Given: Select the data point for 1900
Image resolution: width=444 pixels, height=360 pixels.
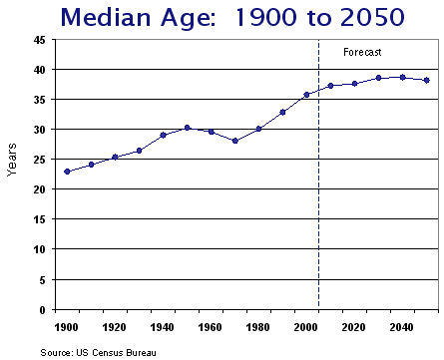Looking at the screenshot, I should [67, 172].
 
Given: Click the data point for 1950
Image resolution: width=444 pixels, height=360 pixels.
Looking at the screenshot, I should [187, 128].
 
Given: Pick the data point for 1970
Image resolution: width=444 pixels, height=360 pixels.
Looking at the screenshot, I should [234, 141].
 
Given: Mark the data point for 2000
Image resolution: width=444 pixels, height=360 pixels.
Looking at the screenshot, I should [306, 95].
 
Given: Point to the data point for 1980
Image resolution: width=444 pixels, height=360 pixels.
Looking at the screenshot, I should [258, 129].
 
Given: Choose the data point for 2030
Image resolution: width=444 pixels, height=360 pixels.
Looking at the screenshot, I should [378, 78].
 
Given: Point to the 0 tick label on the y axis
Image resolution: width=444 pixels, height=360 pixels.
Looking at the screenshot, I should [42, 309].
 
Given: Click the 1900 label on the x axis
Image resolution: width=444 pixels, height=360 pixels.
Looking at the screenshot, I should [66, 326].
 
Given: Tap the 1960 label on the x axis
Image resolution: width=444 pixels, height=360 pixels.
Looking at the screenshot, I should [210, 326].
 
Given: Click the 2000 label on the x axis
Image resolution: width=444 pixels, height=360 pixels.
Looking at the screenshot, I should [305, 326].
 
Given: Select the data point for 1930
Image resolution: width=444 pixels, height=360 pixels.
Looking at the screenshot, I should [139, 151].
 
